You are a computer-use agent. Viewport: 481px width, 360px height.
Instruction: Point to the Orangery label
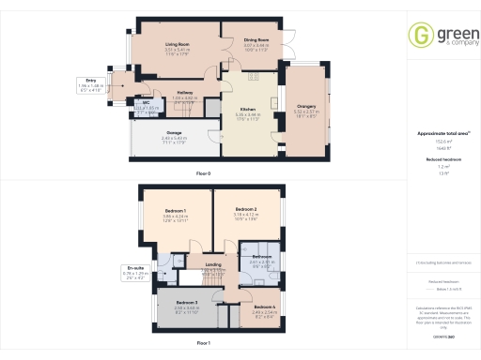(306, 106)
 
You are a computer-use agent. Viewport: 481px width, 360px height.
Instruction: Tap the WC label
(147, 102)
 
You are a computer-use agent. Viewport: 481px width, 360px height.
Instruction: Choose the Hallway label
(185, 92)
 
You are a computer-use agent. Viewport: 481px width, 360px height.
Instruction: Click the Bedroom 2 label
(245, 209)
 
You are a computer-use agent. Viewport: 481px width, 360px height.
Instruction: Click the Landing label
(212, 264)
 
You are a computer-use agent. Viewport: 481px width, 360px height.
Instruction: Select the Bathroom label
(260, 256)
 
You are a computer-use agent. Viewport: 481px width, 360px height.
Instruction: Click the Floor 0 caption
(202, 174)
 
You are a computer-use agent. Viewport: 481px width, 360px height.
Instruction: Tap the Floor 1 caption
(202, 343)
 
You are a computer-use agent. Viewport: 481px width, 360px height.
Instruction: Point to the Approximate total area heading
(438, 133)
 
